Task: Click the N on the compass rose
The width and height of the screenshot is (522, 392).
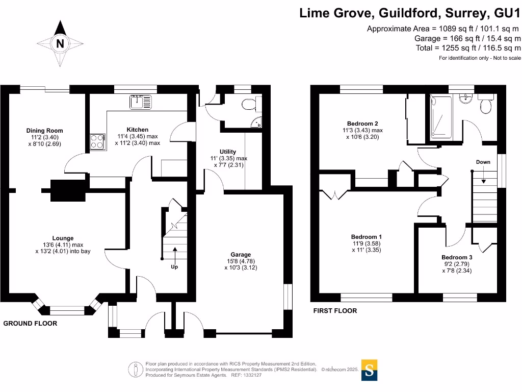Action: pyautogui.click(x=60, y=44)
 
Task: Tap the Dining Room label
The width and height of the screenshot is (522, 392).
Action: pyautogui.click(x=45, y=131)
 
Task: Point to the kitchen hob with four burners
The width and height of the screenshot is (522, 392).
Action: pyautogui.click(x=97, y=140)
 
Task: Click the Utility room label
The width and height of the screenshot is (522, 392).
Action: pyautogui.click(x=228, y=152)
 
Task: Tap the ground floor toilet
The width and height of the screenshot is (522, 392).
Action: pyautogui.click(x=249, y=105)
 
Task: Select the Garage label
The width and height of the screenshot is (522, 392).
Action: pyautogui.click(x=241, y=255)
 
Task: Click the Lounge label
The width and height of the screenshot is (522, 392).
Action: pyautogui.click(x=63, y=238)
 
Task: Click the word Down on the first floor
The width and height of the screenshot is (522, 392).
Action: pyautogui.click(x=483, y=162)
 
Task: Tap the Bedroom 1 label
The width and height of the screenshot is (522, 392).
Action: pyautogui.click(x=367, y=237)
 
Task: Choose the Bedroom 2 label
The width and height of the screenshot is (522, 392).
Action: pyautogui.click(x=362, y=124)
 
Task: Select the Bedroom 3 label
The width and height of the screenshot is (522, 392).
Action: pyautogui.click(x=457, y=257)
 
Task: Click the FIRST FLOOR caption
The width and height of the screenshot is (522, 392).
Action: pyautogui.click(x=335, y=311)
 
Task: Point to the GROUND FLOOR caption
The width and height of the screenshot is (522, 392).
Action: pyautogui.click(x=30, y=324)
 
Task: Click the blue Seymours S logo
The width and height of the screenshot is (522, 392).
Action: pyautogui.click(x=370, y=370)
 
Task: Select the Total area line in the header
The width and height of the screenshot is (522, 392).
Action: pyautogui.click(x=468, y=48)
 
